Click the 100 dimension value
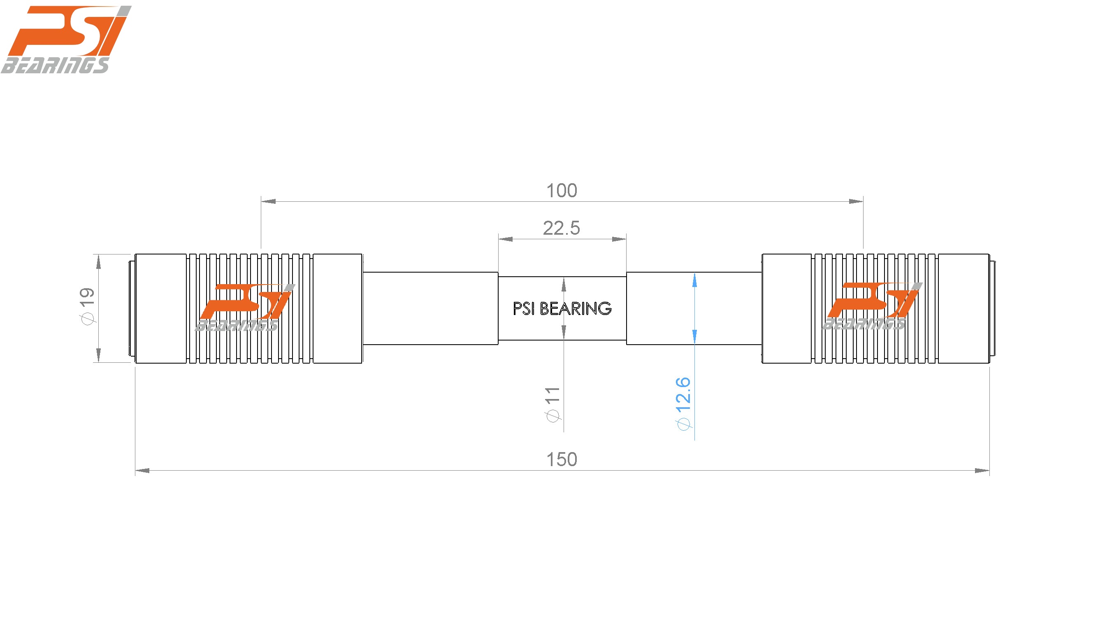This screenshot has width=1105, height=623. pyautogui.click(x=562, y=191)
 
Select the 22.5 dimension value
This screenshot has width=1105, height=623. pyautogui.click(x=561, y=228)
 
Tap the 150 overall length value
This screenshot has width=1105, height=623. pyautogui.click(x=562, y=460)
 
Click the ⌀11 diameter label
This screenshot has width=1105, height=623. pyautogui.click(x=552, y=404)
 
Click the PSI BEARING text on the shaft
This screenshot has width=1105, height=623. pyautogui.click(x=562, y=308)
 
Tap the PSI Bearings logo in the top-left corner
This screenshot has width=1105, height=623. pyautogui.click(x=64, y=40)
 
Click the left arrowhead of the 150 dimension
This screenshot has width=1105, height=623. pyautogui.click(x=142, y=471)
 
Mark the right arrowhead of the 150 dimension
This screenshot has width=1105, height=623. pyautogui.click(x=982, y=471)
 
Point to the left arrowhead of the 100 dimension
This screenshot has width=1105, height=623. pyautogui.click(x=269, y=201)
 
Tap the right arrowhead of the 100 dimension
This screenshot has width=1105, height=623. pyautogui.click(x=856, y=201)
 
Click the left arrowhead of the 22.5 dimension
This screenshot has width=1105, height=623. pyautogui.click(x=505, y=239)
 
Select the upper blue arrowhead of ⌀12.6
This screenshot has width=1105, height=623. pyautogui.click(x=694, y=280)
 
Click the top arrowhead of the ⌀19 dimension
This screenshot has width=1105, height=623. pyautogui.click(x=99, y=261)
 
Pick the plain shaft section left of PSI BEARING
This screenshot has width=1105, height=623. pyautogui.click(x=430, y=308)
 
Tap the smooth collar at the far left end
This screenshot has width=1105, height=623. pyautogui.click(x=161, y=308)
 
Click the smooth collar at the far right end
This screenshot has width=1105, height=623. pyautogui.click(x=963, y=308)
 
